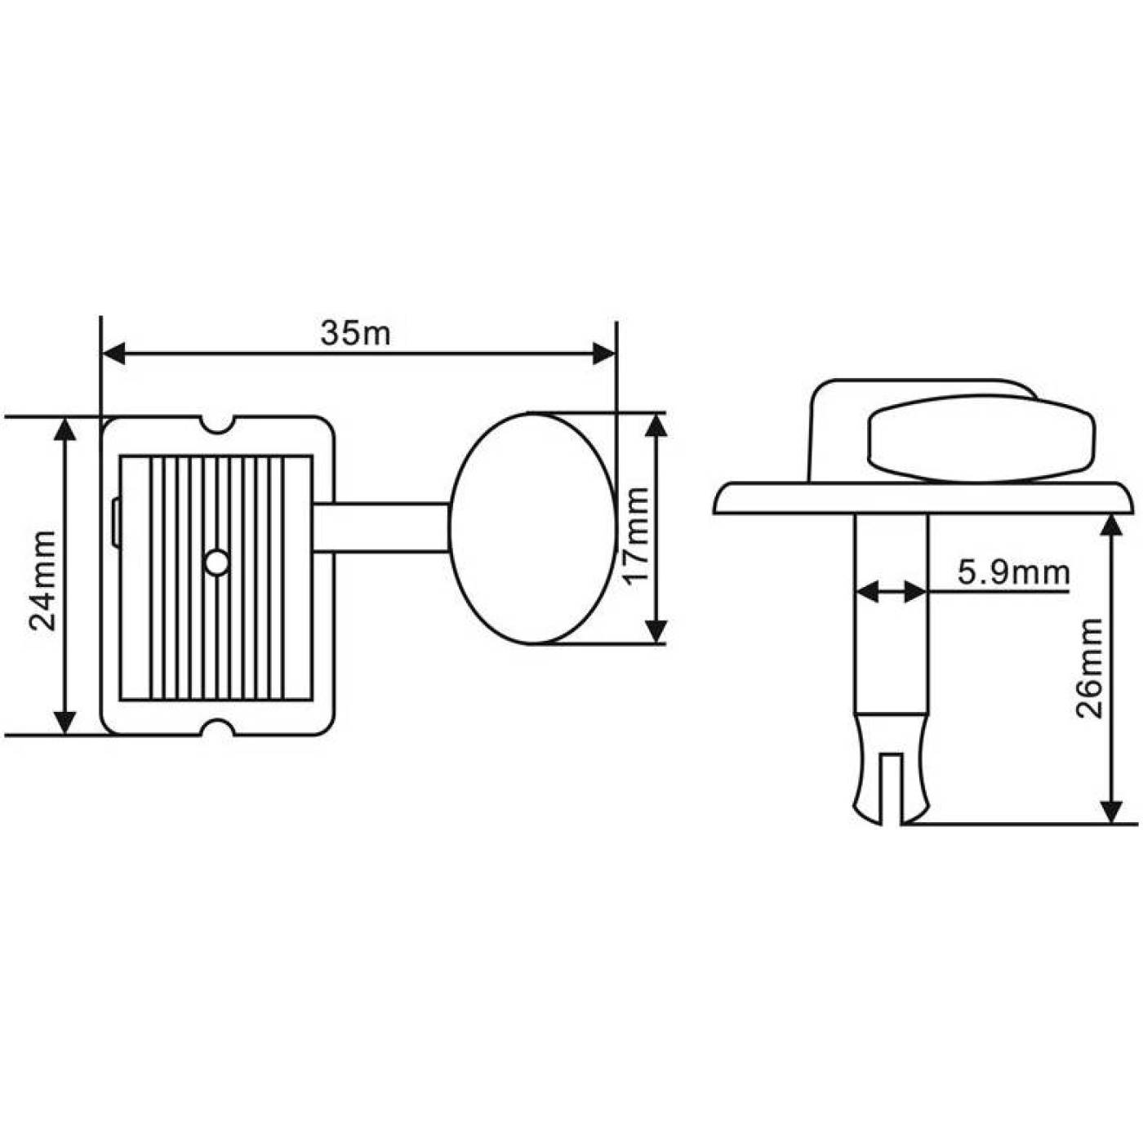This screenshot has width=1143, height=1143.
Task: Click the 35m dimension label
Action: click(355, 333)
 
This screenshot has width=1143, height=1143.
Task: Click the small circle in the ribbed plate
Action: click(217, 563)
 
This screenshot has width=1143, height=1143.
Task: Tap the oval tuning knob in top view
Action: click(532, 528)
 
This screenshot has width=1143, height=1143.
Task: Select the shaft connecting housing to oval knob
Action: click(380, 528)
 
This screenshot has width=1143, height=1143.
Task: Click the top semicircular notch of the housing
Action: click(217, 424)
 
